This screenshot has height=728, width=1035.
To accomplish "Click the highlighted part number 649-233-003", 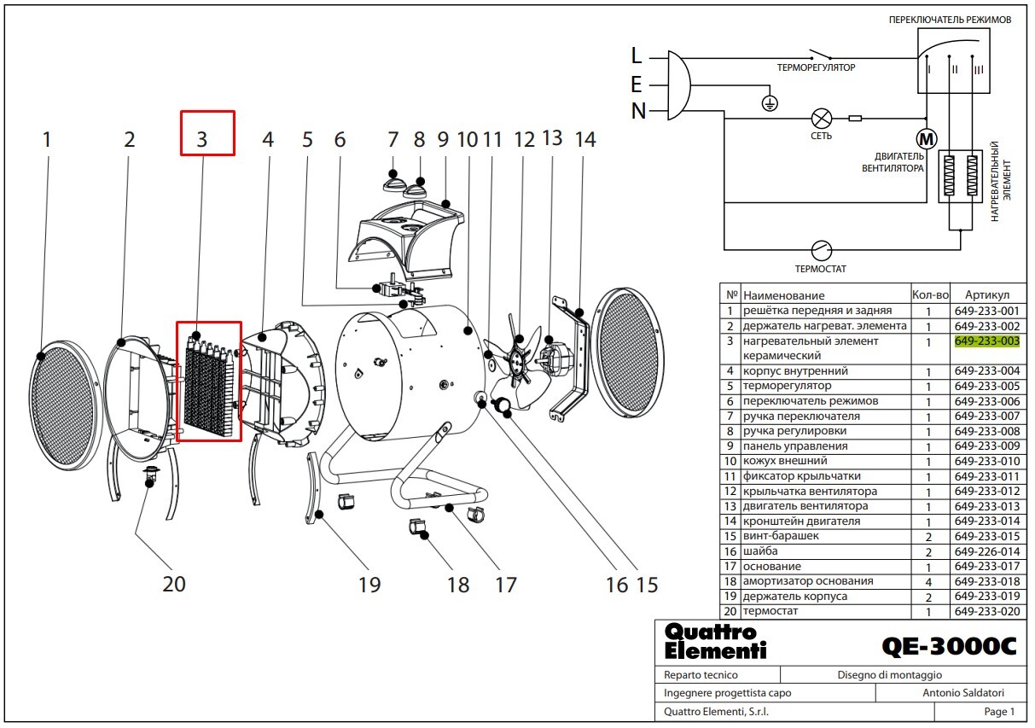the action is click(987, 341).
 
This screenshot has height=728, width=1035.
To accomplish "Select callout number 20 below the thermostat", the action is click(174, 585).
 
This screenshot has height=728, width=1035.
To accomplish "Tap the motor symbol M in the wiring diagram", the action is click(927, 138).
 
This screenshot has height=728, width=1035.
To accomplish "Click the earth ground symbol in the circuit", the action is click(770, 103).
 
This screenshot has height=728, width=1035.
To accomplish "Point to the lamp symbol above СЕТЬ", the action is click(822, 119).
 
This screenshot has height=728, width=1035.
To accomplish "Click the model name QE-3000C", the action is click(950, 646).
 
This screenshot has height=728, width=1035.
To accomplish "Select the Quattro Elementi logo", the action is click(715, 642).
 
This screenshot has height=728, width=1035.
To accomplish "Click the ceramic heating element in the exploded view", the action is click(209, 386).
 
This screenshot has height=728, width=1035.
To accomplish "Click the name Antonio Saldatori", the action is click(963, 693).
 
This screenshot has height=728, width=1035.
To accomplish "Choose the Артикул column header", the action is click(987, 295).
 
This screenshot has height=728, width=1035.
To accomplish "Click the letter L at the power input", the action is click(637, 56).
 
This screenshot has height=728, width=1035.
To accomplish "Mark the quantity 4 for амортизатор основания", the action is click(928, 582).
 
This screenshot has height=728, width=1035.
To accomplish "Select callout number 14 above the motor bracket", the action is click(585, 139).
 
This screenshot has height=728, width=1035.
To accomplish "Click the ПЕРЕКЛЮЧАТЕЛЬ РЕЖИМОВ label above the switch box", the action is click(950, 20).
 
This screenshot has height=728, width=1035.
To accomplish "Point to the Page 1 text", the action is click(999, 712).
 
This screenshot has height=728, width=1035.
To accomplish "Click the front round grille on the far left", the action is click(65, 406).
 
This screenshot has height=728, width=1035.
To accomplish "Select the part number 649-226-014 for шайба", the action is click(987, 551).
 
